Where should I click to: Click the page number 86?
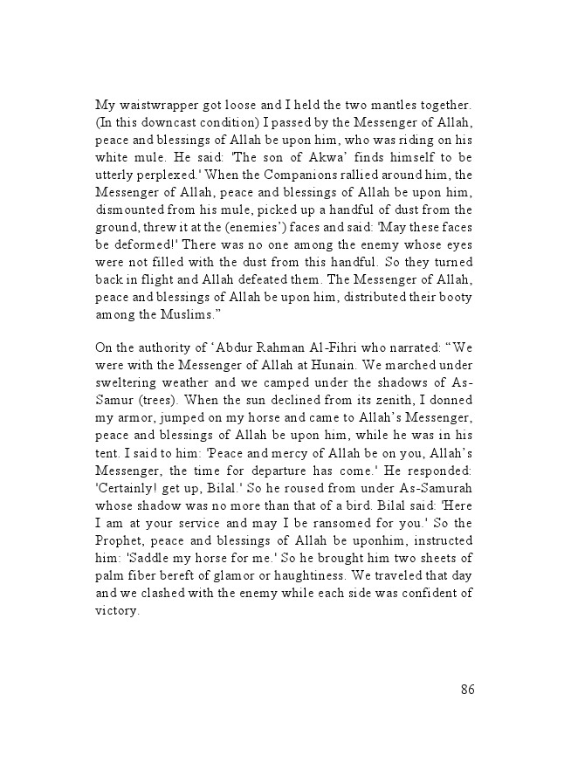coord(467,690)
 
